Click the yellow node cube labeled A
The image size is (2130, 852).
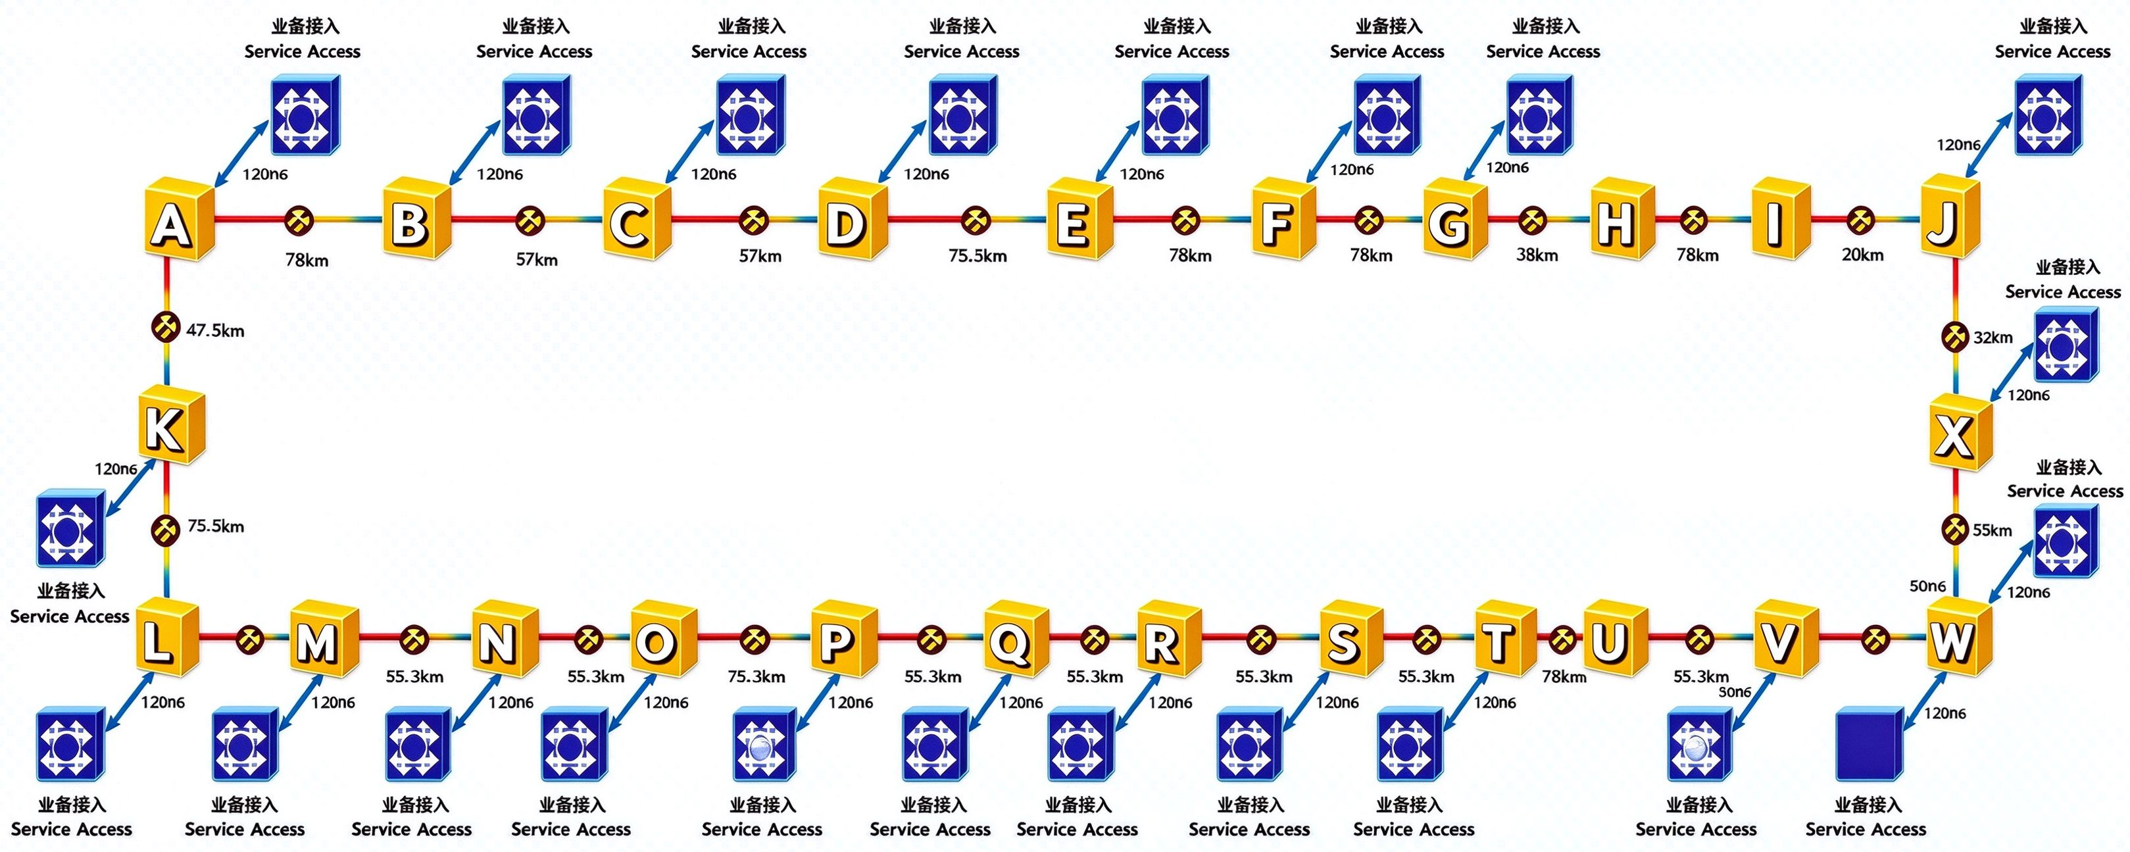click(x=179, y=219)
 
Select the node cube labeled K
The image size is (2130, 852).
click(x=171, y=424)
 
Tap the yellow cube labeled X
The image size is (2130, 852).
click(x=1960, y=433)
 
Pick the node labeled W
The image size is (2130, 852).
click(x=1958, y=639)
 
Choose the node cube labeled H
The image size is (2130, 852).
click(x=1622, y=218)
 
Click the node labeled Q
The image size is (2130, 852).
click(x=1016, y=639)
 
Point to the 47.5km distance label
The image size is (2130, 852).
click(x=215, y=331)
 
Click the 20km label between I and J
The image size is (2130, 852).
click(x=1862, y=255)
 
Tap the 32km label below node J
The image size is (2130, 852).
click(x=1993, y=338)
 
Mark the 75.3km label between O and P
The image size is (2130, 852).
click(x=756, y=676)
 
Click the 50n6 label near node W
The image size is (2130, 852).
click(x=1927, y=586)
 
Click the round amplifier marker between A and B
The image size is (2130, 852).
click(x=299, y=220)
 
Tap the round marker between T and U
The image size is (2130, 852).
click(x=1561, y=639)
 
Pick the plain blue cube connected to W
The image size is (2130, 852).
click(x=1870, y=742)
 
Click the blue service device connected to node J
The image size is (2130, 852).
click(x=2048, y=115)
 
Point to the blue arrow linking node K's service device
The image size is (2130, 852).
click(x=130, y=489)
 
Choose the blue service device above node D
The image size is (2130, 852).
click(x=963, y=115)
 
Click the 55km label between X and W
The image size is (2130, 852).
click(x=1992, y=530)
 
